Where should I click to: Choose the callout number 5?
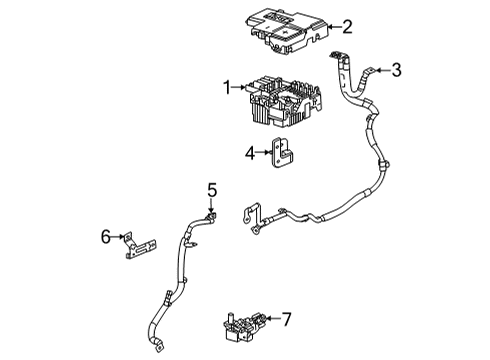click(x=211, y=189)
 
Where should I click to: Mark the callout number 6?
click(x=104, y=236)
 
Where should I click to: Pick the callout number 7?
click(x=286, y=320)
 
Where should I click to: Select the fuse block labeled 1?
click(x=280, y=100)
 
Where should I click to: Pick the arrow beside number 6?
click(x=119, y=237)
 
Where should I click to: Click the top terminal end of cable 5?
click(x=211, y=215)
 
